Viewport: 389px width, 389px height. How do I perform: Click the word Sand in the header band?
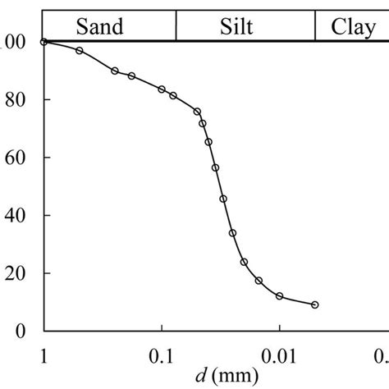click(x=100, y=27)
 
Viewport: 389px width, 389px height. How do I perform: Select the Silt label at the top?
click(x=237, y=27)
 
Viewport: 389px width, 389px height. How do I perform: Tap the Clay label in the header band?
click(x=353, y=27)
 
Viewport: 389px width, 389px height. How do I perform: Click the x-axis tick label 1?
click(x=43, y=355)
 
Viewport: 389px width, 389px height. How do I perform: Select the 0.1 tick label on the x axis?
click(x=162, y=355)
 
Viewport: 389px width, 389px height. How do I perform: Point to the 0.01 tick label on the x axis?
click(x=280, y=355)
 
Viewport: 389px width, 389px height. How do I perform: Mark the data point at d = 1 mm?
click(x=43, y=42)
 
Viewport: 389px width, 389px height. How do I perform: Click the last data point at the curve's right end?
click(x=315, y=304)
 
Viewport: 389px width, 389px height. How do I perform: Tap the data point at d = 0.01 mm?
click(x=280, y=295)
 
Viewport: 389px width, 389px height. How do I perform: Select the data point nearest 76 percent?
click(x=197, y=112)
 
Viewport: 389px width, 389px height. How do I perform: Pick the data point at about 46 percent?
click(x=223, y=199)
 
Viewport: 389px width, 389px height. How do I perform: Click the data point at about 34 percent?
click(x=232, y=233)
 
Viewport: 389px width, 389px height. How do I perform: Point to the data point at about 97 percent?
click(x=79, y=51)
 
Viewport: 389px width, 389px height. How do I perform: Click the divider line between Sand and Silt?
click(x=176, y=27)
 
